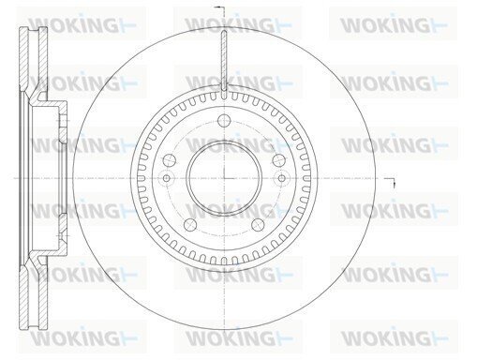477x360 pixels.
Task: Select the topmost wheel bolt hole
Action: [x=224, y=121]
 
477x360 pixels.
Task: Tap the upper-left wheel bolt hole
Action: [x=170, y=160]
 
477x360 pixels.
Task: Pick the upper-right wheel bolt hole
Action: [x=278, y=160]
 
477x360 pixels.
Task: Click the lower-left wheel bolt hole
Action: [x=190, y=225]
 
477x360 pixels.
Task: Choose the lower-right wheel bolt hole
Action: [x=258, y=225]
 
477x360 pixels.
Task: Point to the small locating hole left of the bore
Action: [x=167, y=178]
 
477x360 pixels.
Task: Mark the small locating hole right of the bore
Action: [x=282, y=178]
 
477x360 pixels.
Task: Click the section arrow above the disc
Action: [x=219, y=7]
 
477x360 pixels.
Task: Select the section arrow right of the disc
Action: [x=391, y=181]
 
